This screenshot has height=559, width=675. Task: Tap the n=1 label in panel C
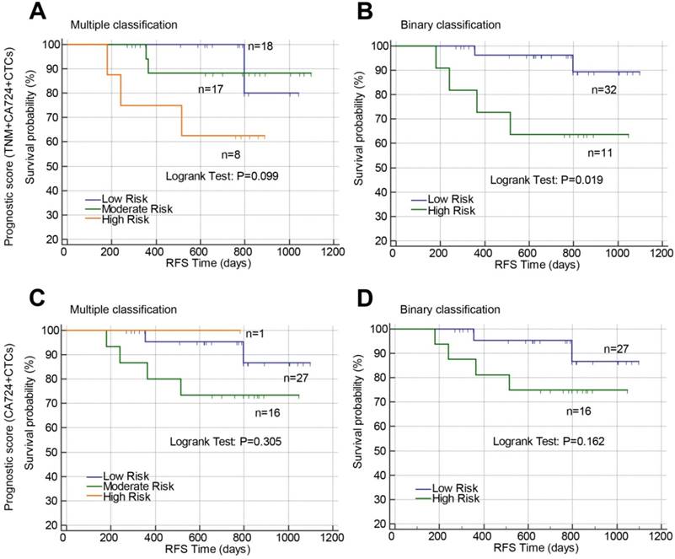[x=255, y=333]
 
